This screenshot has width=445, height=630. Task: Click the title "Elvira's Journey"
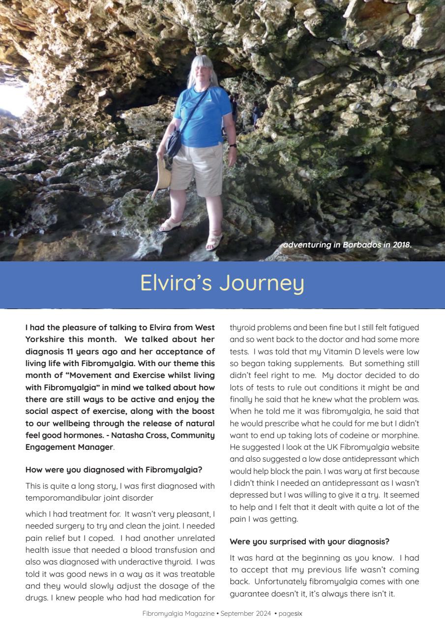pos(222,283)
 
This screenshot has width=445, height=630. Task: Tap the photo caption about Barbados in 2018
pos(347,245)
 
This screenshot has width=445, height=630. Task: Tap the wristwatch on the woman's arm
pos(233,145)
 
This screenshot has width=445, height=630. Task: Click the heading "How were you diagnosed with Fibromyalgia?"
pos(114,470)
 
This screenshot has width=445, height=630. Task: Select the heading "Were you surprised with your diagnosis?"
pos(309,541)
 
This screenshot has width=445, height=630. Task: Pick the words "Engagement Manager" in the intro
pos(69,447)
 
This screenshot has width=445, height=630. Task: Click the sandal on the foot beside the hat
pos(171,225)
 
